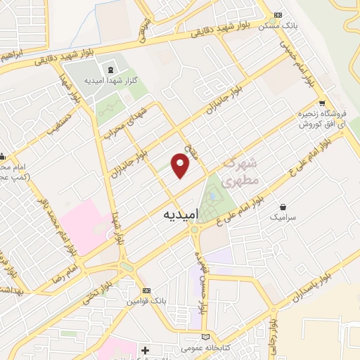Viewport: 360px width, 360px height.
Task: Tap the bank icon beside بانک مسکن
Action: (x=278, y=15)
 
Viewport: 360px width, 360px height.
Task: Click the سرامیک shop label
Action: (x=283, y=219)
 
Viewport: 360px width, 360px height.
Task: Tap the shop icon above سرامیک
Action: (x=283, y=207)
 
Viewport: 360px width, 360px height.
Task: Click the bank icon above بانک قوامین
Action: (x=146, y=290)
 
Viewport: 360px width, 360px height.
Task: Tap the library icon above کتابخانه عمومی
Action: (x=205, y=336)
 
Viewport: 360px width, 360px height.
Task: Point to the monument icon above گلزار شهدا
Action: (x=110, y=69)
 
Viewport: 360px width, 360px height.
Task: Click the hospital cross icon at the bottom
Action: (x=146, y=349)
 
